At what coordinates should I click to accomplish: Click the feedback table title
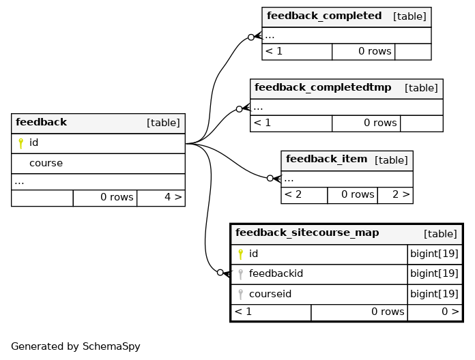pos(41,122)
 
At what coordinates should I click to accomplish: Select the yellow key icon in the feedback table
pos(20,143)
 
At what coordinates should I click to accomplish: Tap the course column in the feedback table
pos(46,164)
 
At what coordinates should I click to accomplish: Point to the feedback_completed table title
pos(324,16)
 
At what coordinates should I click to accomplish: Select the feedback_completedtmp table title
pos(323,87)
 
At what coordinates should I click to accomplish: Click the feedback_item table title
pos(326,159)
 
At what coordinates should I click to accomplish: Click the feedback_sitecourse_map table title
pos(307,232)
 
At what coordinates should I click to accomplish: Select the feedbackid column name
pos(276,274)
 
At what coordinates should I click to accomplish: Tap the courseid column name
pos(270,294)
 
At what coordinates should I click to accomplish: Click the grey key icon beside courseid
pos(240,295)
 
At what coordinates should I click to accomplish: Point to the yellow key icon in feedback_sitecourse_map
pos(240,254)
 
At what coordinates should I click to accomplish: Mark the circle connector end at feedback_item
pos(270,179)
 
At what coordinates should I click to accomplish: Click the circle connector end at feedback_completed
pos(251,37)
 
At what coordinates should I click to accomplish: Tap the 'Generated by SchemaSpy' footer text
pos(76,346)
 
